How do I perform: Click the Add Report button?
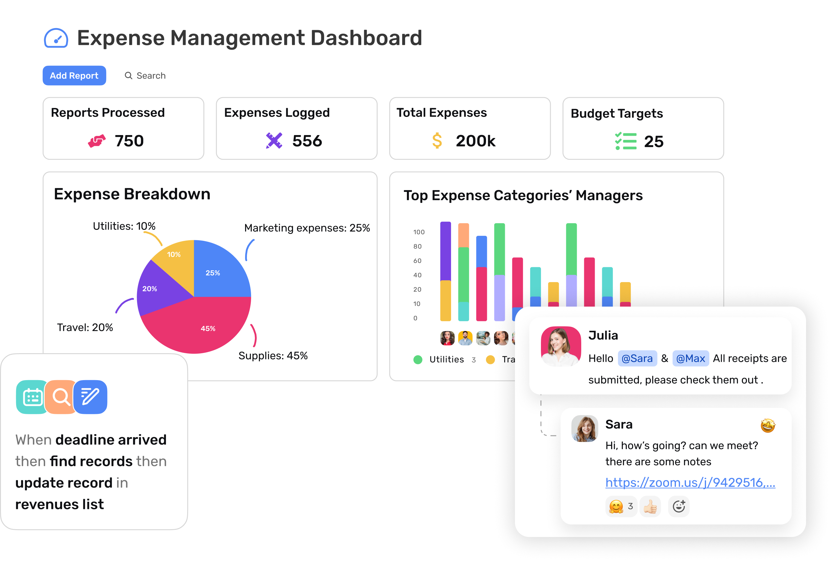(74, 76)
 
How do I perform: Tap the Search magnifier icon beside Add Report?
(128, 76)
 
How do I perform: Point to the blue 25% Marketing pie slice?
(219, 272)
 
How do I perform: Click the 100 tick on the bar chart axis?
(419, 232)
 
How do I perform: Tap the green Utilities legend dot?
(418, 359)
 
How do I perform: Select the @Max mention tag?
(690, 358)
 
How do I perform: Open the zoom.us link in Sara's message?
(690, 483)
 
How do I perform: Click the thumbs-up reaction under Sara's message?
(650, 507)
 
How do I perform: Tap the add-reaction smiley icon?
(679, 507)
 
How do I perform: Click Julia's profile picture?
(561, 346)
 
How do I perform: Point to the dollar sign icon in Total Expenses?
(437, 141)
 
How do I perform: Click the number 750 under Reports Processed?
(129, 141)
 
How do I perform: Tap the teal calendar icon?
(32, 397)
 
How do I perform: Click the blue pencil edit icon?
(90, 397)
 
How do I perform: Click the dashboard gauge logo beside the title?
(56, 38)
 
